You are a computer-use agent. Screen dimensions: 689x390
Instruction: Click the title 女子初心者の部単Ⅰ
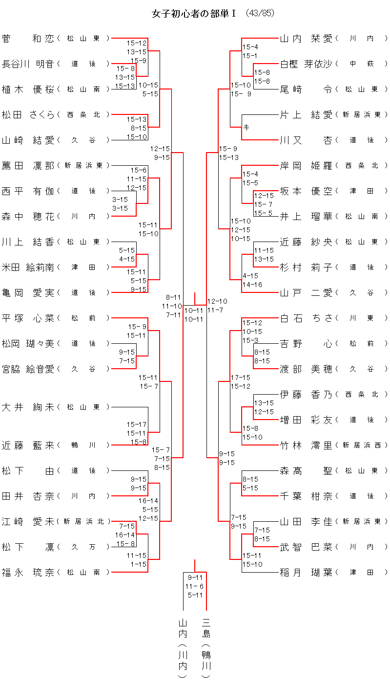[x=194, y=14]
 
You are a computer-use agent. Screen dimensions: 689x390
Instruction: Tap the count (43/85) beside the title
[x=260, y=14]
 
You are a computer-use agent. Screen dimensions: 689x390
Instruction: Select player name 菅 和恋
[x=28, y=38]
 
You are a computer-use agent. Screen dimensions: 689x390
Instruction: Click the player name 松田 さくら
[x=28, y=114]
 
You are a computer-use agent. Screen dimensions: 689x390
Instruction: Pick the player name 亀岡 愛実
[x=28, y=292]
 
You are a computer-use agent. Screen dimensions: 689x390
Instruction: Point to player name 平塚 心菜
[x=28, y=318]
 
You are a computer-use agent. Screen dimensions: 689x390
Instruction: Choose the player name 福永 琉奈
[x=28, y=572]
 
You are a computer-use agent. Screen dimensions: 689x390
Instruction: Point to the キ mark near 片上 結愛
[x=246, y=127]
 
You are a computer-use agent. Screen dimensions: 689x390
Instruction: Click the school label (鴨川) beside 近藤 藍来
[x=84, y=445]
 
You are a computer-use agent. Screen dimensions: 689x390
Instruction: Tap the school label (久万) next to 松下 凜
[x=84, y=547]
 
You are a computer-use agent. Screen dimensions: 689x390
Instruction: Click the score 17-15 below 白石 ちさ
[x=240, y=378]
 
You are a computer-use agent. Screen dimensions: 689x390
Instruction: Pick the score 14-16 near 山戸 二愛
[x=252, y=284]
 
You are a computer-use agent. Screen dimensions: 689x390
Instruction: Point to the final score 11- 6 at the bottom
[x=195, y=586]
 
